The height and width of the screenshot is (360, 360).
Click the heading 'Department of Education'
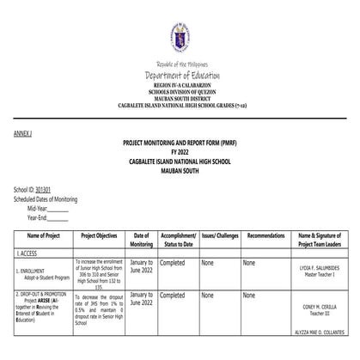point(180,76)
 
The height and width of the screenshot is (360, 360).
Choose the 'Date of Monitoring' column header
point(141,239)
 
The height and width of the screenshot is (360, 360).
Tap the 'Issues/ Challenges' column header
point(220,235)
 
